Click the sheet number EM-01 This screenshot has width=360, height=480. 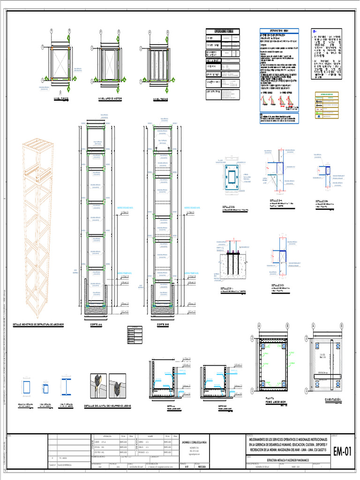point(342,452)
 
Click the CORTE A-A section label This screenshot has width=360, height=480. point(97,324)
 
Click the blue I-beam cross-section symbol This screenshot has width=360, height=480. point(65,387)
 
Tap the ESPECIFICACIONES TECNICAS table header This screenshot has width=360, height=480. point(223,31)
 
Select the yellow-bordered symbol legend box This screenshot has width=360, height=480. point(327,105)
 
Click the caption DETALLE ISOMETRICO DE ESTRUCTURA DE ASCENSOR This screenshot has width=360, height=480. point(38,324)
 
